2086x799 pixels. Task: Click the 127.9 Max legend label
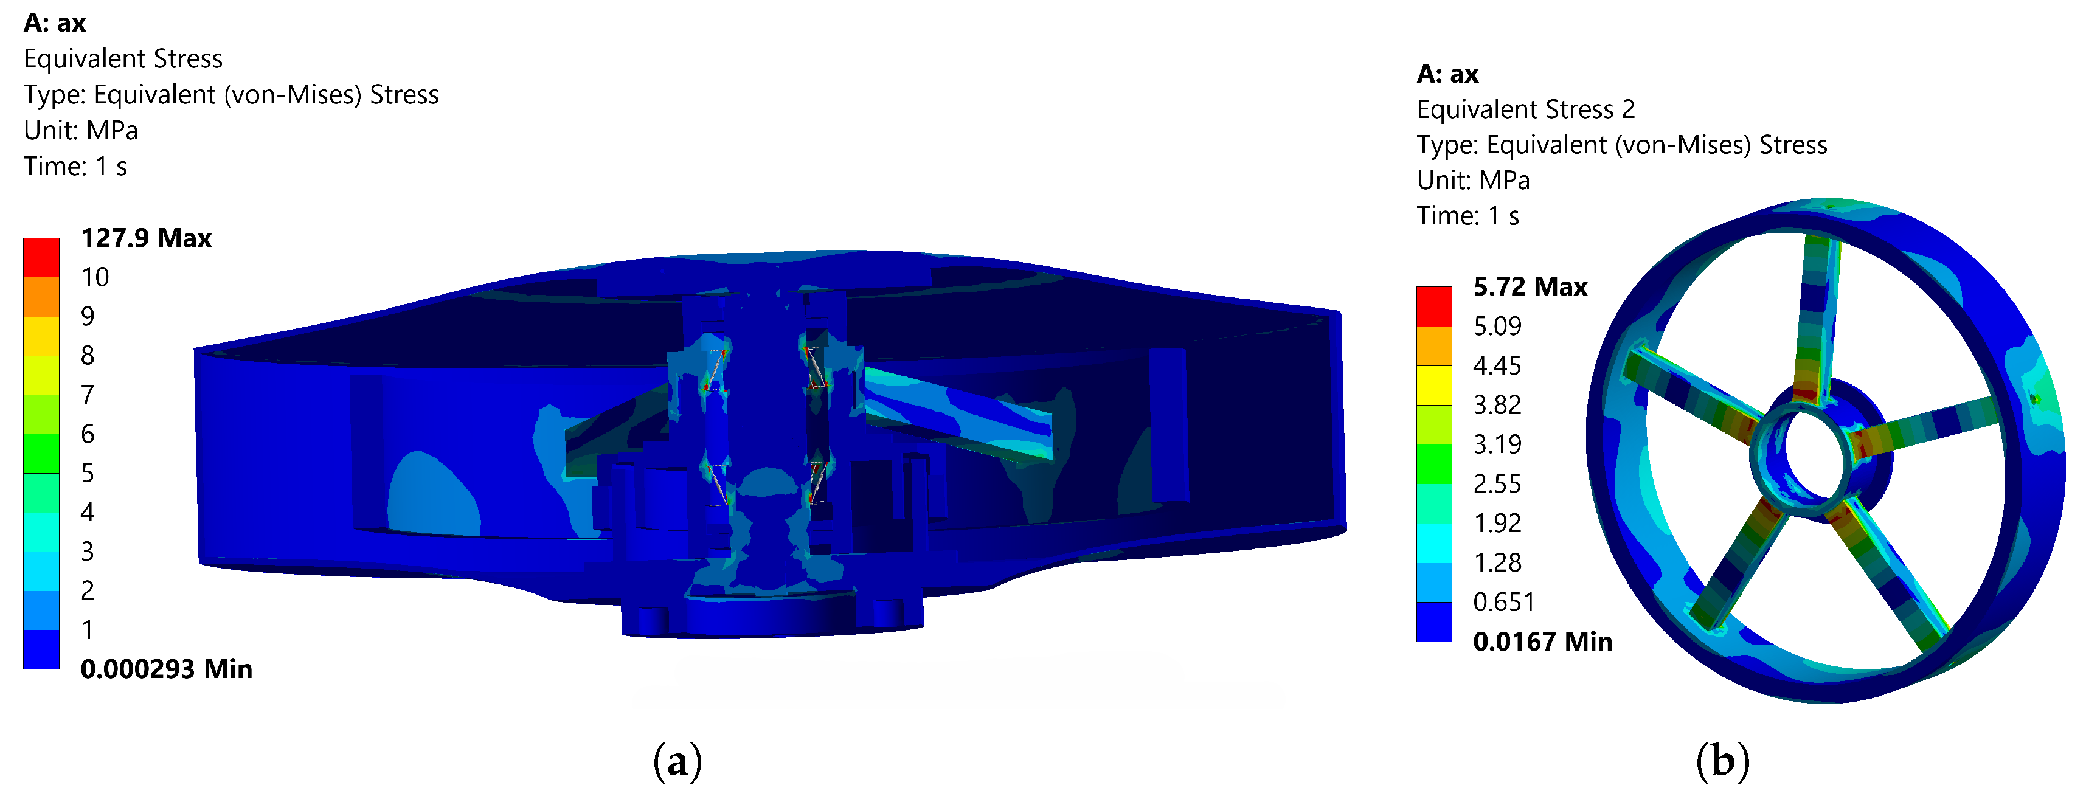(147, 238)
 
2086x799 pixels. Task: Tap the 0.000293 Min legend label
(167, 669)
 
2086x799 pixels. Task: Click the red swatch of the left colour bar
(41, 257)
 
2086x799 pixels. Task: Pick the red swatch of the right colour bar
(1434, 306)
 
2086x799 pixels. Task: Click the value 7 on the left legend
(88, 394)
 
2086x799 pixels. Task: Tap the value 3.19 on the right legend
(1497, 444)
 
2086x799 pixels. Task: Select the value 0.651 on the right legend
(1504, 601)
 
